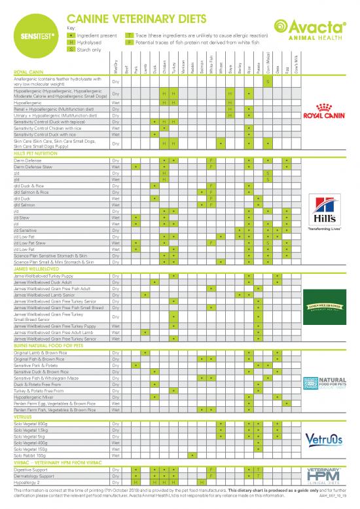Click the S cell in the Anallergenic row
268,81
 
